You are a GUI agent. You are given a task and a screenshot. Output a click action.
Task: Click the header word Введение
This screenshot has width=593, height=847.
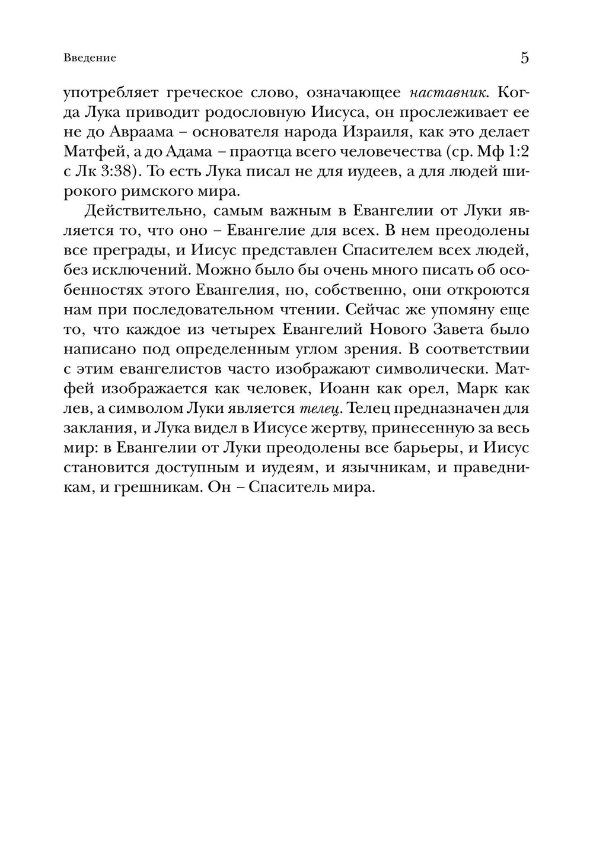click(90, 58)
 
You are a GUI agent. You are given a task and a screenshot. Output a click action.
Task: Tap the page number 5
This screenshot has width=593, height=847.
click(524, 58)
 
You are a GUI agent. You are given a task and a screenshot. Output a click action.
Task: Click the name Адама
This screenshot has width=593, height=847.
click(196, 151)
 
